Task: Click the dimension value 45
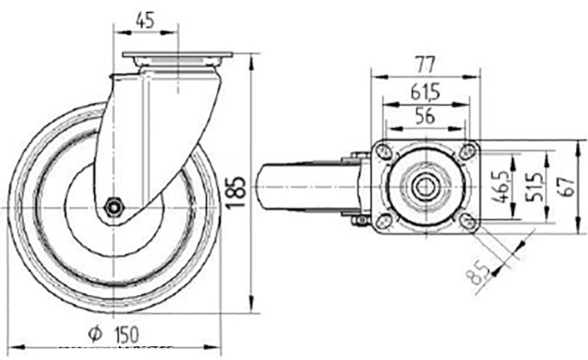(x=145, y=20)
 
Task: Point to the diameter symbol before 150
(x=94, y=335)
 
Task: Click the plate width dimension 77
(x=425, y=64)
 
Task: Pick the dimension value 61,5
(x=425, y=92)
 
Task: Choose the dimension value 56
(x=425, y=116)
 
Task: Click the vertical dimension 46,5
(x=501, y=187)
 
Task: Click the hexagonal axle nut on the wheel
(x=114, y=207)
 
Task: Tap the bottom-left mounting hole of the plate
(x=385, y=220)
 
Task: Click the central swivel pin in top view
(x=426, y=187)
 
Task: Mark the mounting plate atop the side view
(x=177, y=55)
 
